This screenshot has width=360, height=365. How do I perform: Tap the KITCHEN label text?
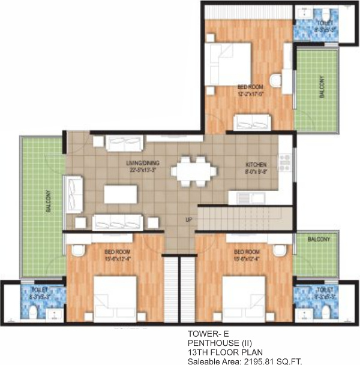coord(256,164)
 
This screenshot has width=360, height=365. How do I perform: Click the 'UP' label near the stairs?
coord(188,220)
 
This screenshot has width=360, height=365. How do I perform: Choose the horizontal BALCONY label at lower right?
coord(319,239)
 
